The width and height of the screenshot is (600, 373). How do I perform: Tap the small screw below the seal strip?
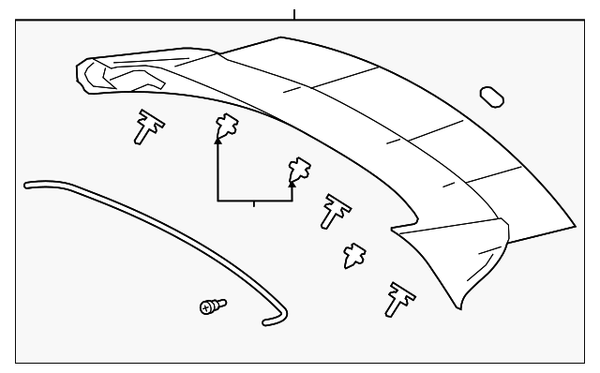click(213, 306)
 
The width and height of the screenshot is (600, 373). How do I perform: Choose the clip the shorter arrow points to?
click(299, 169)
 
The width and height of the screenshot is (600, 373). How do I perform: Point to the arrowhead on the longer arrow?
click(218, 140)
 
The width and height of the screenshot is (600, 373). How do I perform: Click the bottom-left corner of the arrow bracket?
click(218, 201)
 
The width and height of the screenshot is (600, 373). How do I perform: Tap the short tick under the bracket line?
click(254, 204)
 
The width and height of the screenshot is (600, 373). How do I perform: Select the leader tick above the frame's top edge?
click(294, 14)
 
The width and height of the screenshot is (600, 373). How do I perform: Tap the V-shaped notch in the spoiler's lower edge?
click(394, 228)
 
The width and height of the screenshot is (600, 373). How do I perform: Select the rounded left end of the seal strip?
click(28, 186)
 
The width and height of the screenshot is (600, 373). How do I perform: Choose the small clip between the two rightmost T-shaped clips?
click(354, 253)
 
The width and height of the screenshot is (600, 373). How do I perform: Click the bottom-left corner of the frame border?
click(17, 362)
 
